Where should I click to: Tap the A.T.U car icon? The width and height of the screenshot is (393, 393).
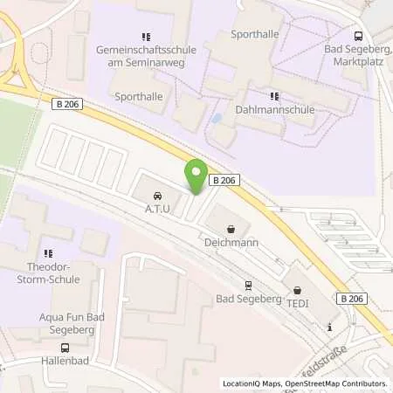coord(157,196)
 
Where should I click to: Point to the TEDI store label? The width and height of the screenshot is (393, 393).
coord(297,304)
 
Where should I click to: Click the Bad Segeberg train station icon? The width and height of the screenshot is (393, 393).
coord(248,285)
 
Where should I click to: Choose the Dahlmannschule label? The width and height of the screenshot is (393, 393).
coord(274,111)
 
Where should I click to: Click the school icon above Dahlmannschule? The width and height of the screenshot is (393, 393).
coord(274,97)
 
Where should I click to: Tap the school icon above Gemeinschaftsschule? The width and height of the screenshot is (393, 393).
coord(146,38)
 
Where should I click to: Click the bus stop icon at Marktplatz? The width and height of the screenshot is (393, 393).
coord(359,36)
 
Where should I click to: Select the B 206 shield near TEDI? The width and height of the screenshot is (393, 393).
coord(351,299)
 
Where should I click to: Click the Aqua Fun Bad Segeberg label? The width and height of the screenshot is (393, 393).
coord(55,325)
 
